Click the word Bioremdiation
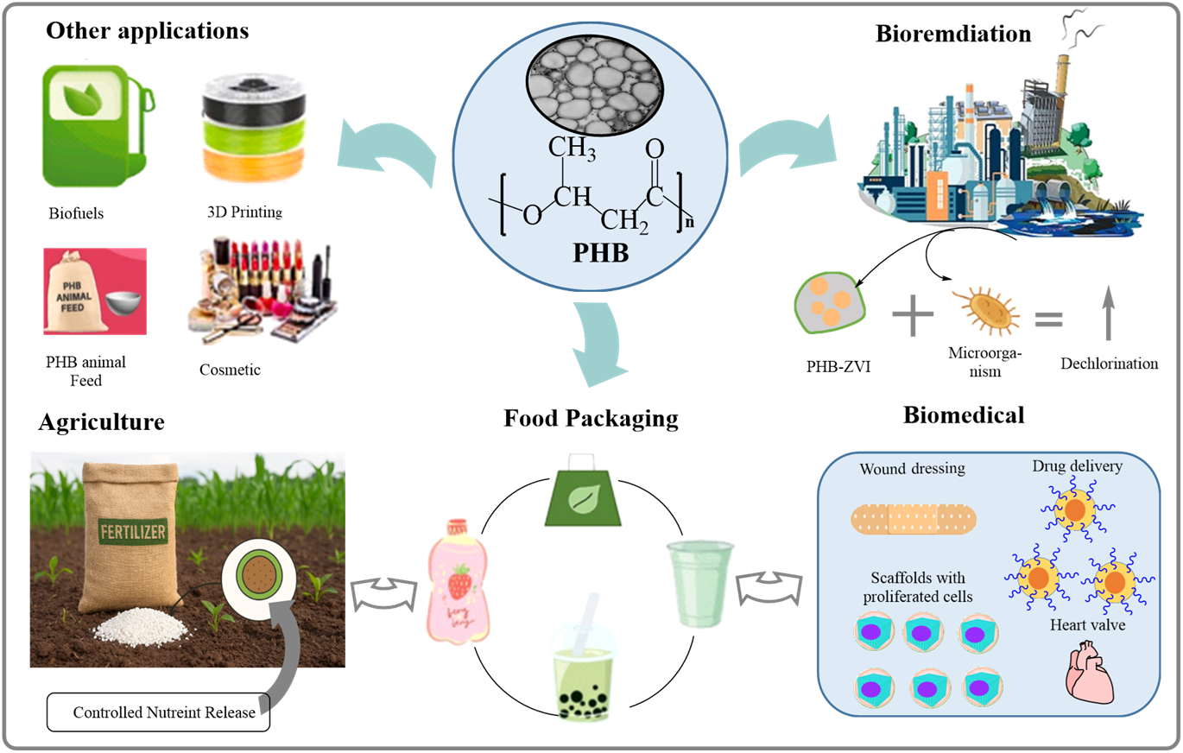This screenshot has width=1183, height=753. coord(953,35)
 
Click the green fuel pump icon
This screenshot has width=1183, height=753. coord(98,124)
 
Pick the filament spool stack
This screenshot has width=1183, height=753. coord(256,126)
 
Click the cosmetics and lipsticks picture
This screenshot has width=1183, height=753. coord(256,284)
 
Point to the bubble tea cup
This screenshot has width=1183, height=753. coord(587,665)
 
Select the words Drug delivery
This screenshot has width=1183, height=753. coord(1077,466)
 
